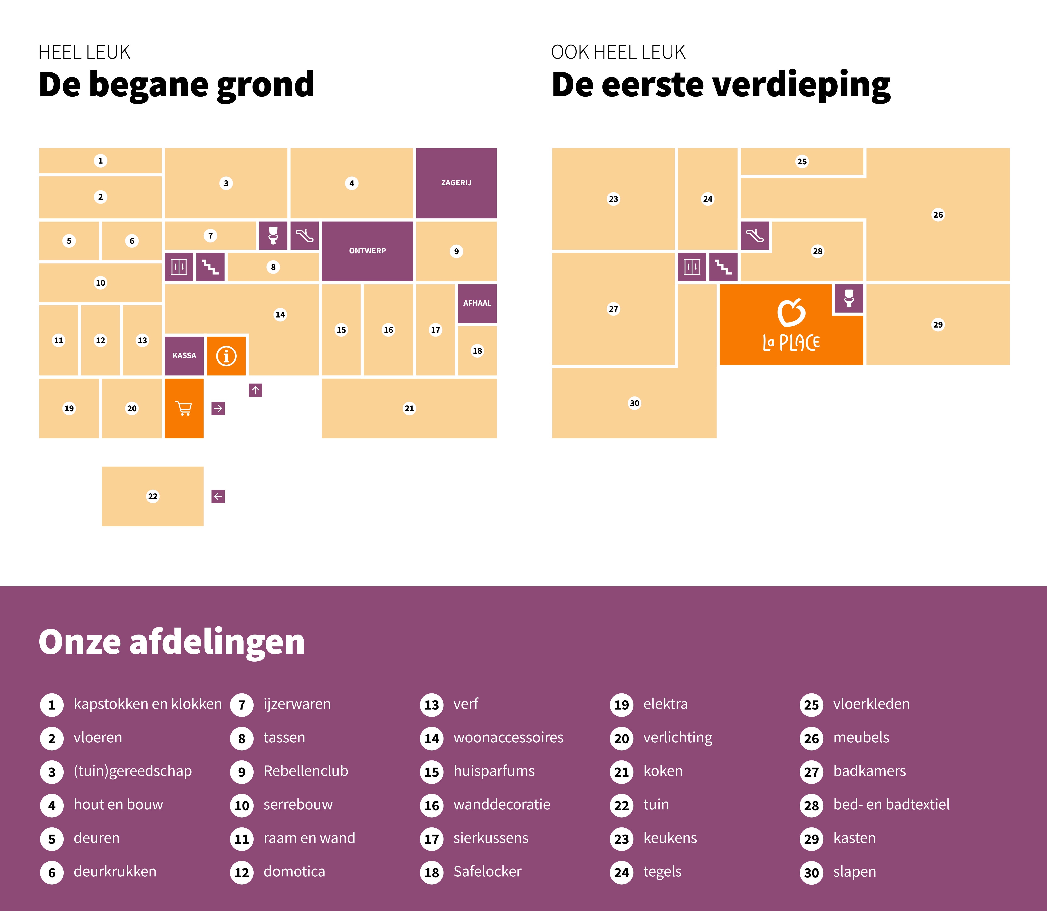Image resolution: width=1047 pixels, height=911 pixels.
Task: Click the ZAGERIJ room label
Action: (x=456, y=182)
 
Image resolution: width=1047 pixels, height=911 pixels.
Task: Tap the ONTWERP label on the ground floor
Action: (x=367, y=251)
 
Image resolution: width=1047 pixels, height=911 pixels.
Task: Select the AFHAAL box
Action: (x=477, y=303)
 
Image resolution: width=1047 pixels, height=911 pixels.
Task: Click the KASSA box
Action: (x=184, y=355)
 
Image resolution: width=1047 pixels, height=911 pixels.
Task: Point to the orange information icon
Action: (x=226, y=355)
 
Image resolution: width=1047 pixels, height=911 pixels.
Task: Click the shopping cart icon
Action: (x=183, y=408)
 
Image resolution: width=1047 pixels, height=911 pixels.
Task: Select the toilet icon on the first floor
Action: (x=849, y=298)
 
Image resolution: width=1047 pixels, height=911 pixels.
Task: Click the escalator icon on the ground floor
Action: (x=304, y=235)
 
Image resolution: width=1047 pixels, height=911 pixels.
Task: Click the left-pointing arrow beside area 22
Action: (x=218, y=496)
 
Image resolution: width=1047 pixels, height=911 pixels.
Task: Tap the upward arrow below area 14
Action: (x=255, y=390)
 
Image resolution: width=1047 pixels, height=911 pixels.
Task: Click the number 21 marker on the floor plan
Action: (x=409, y=408)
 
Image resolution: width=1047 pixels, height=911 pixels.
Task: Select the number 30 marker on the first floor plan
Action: (x=634, y=403)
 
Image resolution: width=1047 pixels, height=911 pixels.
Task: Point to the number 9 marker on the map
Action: (x=456, y=251)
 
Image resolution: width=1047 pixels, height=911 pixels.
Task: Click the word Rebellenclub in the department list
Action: (x=306, y=771)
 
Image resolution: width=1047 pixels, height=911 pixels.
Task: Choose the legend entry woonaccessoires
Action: (x=508, y=737)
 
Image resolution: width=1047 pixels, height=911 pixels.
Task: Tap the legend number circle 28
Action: (x=811, y=805)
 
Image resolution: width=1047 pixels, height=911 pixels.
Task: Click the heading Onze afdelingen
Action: (x=172, y=641)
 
